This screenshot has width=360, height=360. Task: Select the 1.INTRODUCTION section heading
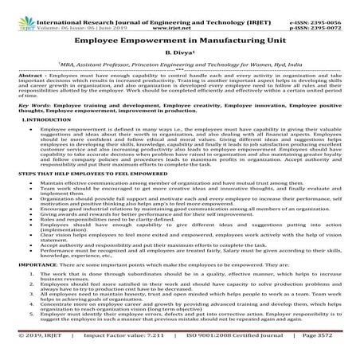click(x=30, y=119)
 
